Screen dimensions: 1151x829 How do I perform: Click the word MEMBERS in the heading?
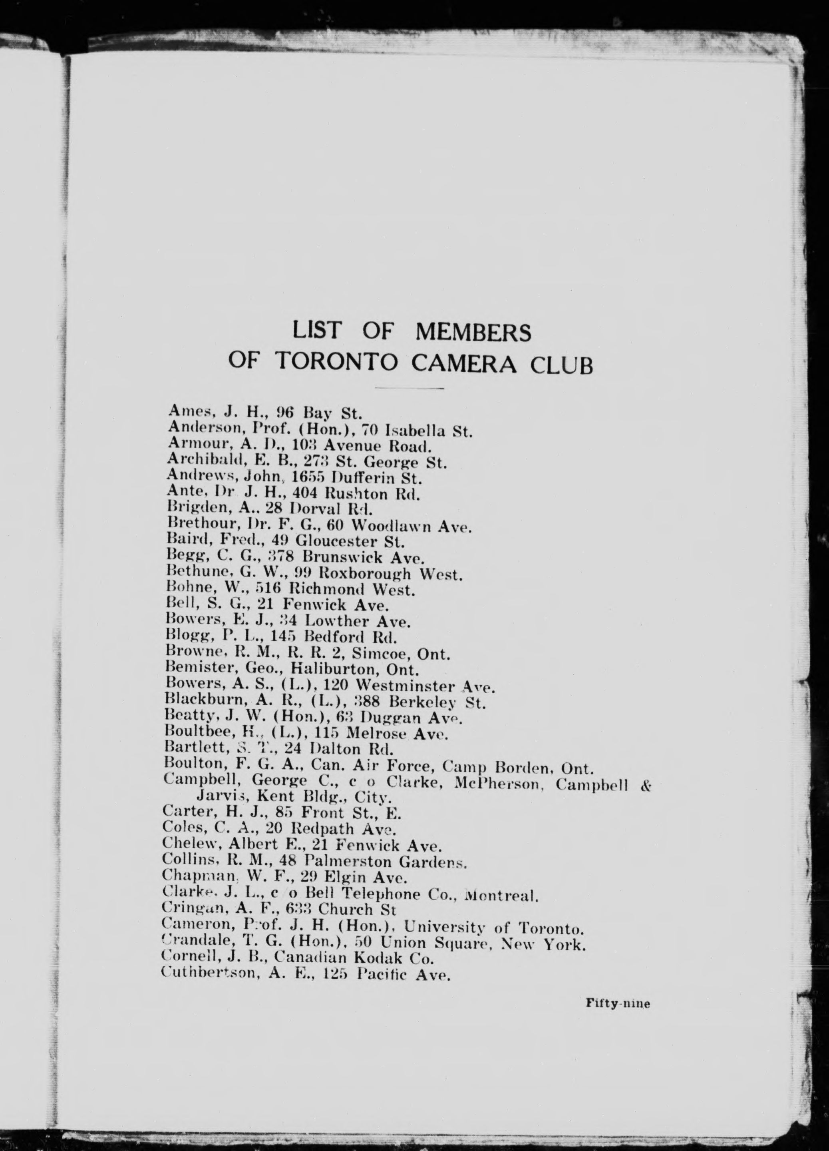pos(473,332)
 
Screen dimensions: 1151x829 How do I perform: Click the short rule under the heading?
pos(409,388)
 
